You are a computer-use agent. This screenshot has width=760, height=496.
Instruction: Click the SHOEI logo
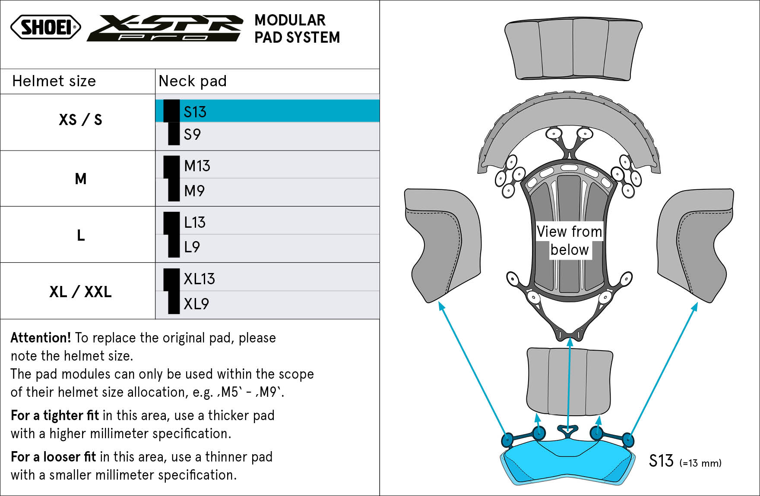(46, 27)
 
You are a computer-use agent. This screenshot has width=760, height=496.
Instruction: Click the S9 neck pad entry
(192, 135)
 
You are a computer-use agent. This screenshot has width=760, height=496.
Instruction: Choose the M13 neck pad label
(197, 166)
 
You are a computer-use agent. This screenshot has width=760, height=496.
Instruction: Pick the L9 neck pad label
(192, 247)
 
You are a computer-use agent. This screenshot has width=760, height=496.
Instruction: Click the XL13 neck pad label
(199, 279)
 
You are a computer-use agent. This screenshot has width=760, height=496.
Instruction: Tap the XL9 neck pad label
(196, 304)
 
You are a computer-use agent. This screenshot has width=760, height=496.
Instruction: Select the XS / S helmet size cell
(80, 120)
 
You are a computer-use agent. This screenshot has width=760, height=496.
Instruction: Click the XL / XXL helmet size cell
(80, 292)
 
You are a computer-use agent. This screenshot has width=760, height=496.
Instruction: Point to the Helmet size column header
(54, 81)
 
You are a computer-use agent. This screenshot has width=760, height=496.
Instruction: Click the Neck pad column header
(193, 81)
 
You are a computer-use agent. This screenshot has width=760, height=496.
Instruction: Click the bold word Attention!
(41, 338)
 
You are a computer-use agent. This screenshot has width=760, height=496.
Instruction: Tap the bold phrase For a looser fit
(53, 457)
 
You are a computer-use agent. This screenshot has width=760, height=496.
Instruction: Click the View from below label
(569, 241)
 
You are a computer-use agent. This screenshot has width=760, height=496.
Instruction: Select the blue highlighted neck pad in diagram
(567, 464)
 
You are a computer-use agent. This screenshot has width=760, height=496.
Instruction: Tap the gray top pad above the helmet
(573, 50)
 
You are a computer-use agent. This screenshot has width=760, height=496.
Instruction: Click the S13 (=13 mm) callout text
(685, 461)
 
